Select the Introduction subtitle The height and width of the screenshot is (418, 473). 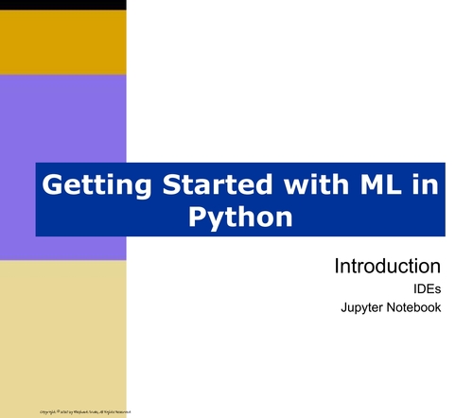(388, 266)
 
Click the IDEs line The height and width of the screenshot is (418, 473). (425, 288)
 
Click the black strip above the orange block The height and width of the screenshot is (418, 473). (62, 5)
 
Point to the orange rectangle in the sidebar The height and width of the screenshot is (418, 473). (62, 42)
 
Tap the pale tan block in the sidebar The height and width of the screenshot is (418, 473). (62, 331)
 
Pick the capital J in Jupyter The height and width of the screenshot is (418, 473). (342, 308)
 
